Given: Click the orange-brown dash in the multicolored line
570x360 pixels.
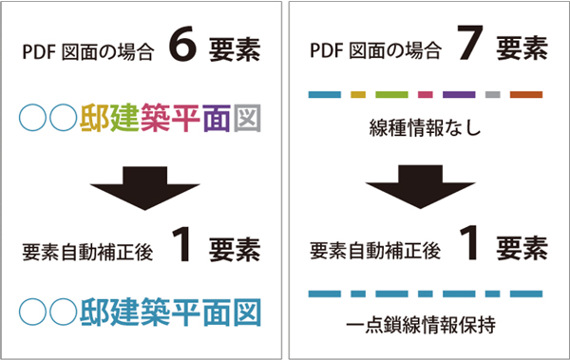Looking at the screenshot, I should (525, 95).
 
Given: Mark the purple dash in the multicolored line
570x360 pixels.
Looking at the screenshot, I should (459, 95).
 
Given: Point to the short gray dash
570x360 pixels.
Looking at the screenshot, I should (492, 95).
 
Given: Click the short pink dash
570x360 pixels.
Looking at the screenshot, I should (425, 95).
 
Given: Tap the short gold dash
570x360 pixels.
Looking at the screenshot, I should (358, 95).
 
